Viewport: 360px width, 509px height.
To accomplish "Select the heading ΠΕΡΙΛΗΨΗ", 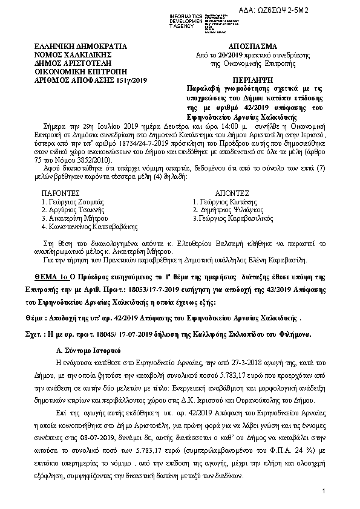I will click(254, 80).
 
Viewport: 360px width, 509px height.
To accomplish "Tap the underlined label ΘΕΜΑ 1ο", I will click(51, 275).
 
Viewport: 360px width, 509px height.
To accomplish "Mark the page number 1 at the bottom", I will click(324, 490).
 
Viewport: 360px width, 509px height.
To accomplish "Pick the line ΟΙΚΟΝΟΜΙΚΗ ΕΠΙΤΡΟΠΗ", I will click(78, 71).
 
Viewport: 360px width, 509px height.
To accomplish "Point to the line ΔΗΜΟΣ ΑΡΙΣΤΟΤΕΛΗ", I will click(74, 63).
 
